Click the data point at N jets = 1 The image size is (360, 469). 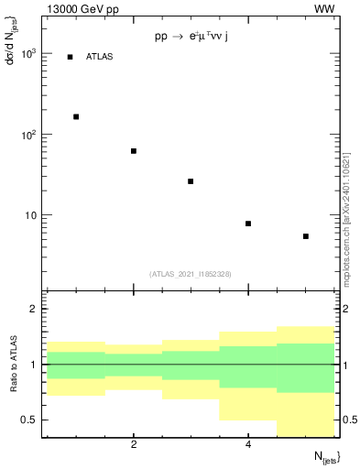point(76,116)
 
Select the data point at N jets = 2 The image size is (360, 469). point(134,151)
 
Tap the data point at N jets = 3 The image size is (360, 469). point(191,181)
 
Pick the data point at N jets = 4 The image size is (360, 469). point(248,224)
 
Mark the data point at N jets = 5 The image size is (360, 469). point(306,236)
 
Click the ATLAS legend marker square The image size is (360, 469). point(70,57)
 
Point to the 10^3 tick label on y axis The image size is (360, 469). point(29,54)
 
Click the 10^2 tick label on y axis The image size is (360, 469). point(29,135)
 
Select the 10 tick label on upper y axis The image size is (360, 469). point(32,215)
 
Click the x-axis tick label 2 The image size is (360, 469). point(134,445)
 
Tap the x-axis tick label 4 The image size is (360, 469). point(248,445)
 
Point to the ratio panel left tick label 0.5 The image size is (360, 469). point(30,420)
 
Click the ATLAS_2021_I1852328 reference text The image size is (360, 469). point(191,273)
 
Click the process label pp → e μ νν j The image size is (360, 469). point(191,38)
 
